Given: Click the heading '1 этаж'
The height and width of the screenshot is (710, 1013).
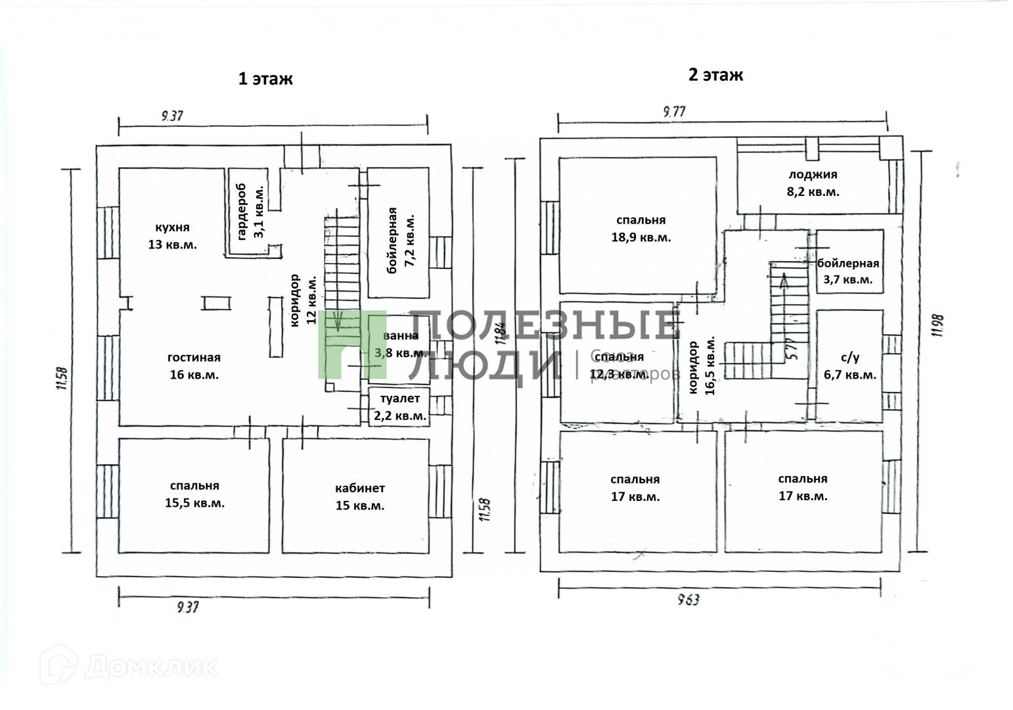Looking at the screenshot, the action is (265, 79).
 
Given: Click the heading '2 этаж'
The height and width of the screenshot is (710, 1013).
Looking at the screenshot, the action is (715, 74).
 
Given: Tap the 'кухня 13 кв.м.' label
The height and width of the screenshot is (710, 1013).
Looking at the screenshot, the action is (172, 236).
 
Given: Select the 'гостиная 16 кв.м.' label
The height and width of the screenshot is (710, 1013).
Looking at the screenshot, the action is (194, 366).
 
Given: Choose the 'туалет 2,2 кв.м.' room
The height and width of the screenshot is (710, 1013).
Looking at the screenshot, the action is (399, 407).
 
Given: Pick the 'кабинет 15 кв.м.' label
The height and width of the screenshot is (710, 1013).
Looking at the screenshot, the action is (359, 497).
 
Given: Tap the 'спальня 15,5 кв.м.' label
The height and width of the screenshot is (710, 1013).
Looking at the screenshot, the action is (194, 494).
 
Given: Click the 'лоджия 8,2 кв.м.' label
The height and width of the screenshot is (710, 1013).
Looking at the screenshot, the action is (813, 183).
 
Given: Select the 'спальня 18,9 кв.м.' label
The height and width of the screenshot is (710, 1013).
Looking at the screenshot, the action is (641, 229).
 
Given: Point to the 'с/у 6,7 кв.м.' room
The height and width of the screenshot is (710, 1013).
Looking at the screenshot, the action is (849, 366).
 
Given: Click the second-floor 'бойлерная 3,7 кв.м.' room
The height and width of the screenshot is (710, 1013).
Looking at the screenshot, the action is (848, 271).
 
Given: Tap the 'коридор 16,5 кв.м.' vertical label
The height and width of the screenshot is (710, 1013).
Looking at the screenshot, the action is (701, 367).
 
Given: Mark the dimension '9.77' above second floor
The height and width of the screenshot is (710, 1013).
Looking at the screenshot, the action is (674, 112).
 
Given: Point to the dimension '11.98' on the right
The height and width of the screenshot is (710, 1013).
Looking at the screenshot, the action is (937, 325).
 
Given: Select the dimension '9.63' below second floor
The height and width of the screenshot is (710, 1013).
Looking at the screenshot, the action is (687, 599).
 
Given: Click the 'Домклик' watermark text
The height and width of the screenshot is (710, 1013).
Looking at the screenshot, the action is (151, 667).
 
